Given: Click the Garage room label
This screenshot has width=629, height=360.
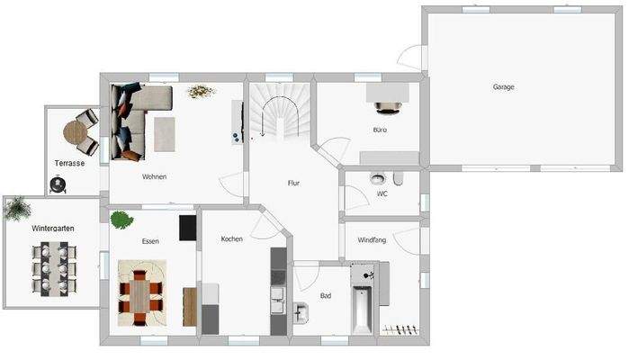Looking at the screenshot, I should (503, 87).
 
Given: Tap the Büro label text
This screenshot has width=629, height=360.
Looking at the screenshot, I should (380, 130).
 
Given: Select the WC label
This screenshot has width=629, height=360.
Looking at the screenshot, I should (382, 193).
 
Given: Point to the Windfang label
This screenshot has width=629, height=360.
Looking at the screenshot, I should (372, 239).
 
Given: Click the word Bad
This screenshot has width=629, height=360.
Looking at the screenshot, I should (326, 294).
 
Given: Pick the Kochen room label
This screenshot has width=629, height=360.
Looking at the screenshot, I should (232, 238).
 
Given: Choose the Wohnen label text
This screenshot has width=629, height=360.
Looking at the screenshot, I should (154, 176).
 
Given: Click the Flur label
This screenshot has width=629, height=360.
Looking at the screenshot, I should (293, 183).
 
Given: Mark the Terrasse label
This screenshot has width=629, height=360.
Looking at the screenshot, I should (69, 163).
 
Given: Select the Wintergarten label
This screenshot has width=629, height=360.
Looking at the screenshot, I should (53, 229).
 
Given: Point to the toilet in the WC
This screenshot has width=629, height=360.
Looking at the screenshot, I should (375, 178).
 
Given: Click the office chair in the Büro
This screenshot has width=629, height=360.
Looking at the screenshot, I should (388, 107).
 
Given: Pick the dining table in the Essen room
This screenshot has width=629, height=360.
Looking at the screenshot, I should (142, 292).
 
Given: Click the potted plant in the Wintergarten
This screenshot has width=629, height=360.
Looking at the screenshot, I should (17, 210).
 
